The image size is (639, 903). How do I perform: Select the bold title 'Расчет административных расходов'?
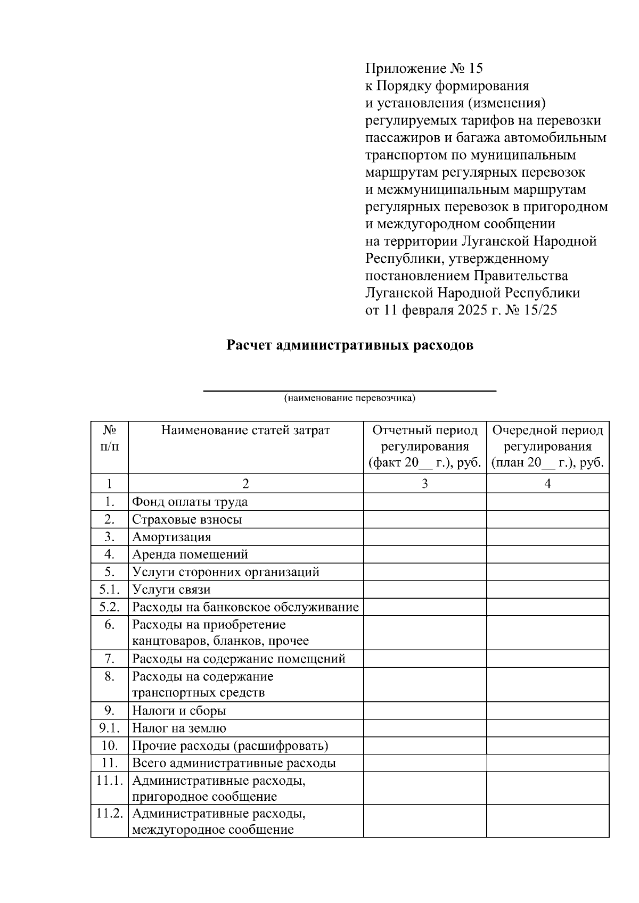(x=350, y=345)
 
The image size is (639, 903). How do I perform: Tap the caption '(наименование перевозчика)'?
(x=349, y=398)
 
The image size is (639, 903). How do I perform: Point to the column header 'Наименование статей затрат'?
(x=245, y=430)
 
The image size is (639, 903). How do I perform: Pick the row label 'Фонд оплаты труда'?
(x=190, y=502)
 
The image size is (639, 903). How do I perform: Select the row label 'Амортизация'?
(x=171, y=537)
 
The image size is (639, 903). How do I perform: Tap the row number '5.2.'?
(x=109, y=607)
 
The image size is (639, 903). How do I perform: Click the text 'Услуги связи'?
(x=171, y=590)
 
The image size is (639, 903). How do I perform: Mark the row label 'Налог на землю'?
(x=179, y=728)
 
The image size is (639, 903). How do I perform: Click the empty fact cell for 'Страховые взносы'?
(x=425, y=519)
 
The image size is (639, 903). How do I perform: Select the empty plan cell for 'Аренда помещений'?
(x=547, y=554)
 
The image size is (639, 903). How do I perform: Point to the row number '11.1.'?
(x=109, y=781)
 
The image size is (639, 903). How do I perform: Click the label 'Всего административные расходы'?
(x=234, y=764)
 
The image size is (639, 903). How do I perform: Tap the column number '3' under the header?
(x=425, y=484)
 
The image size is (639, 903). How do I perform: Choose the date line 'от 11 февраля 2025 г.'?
(x=461, y=310)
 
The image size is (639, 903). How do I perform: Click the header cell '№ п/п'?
(x=109, y=438)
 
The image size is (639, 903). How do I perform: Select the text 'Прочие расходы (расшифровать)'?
(x=230, y=746)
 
